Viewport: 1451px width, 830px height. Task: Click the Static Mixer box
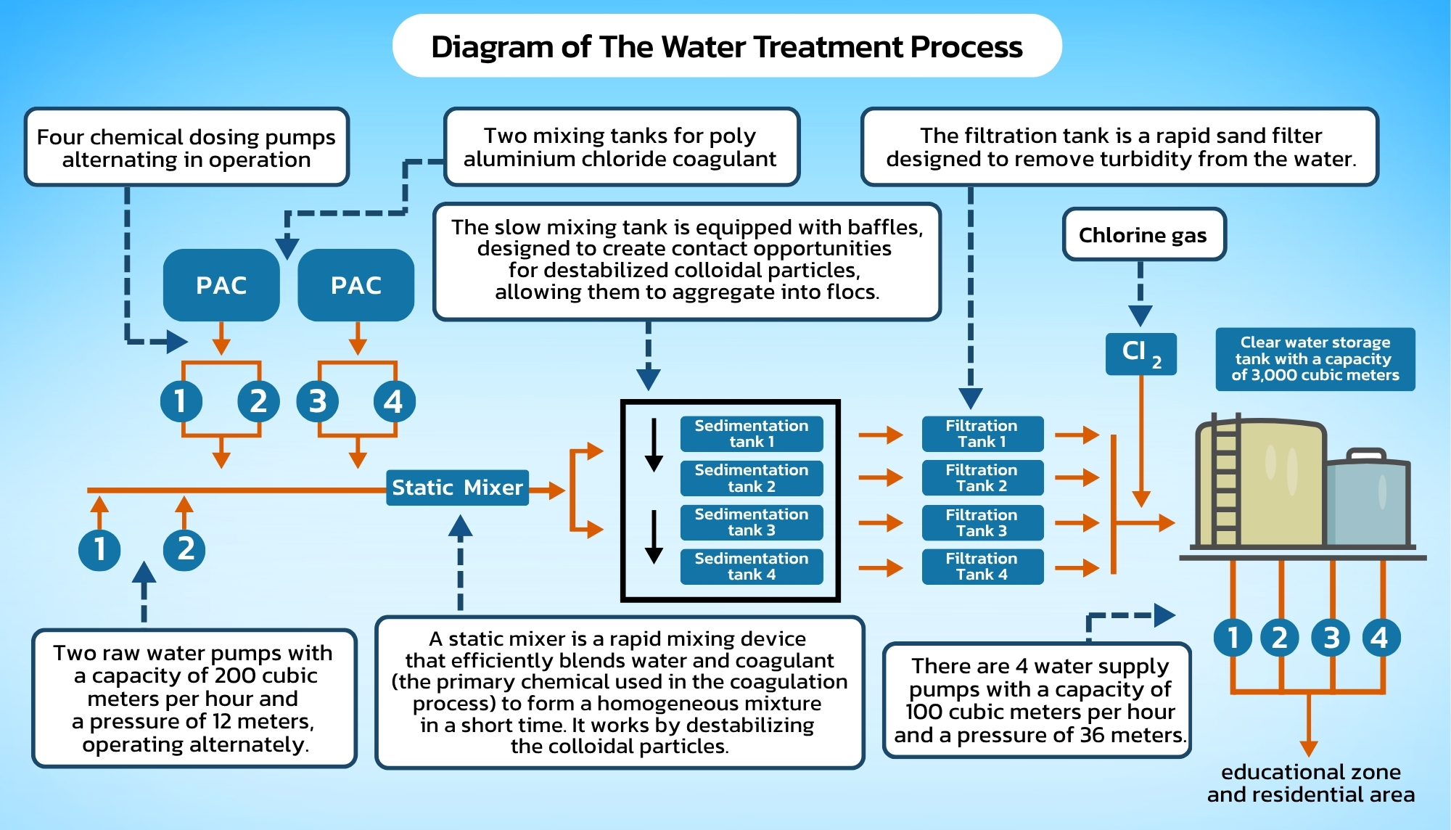[457, 488]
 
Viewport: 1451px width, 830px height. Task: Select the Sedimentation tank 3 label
[751, 522]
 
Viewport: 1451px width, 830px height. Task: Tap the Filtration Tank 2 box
[982, 478]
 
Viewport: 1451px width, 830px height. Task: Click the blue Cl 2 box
[1140, 353]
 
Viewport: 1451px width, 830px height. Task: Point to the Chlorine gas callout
[1143, 235]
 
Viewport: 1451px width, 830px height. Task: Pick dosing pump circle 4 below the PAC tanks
[393, 401]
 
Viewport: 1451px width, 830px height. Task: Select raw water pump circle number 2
[185, 549]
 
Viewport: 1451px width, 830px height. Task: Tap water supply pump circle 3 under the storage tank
[1331, 638]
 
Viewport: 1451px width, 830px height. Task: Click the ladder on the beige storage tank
[1225, 482]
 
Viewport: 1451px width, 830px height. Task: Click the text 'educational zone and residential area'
[1310, 783]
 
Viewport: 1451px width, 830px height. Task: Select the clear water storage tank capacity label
[1315, 359]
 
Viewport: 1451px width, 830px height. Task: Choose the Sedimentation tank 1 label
[751, 434]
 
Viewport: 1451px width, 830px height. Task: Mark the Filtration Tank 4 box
[982, 567]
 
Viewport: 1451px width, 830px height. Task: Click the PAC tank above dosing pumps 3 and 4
[355, 285]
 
